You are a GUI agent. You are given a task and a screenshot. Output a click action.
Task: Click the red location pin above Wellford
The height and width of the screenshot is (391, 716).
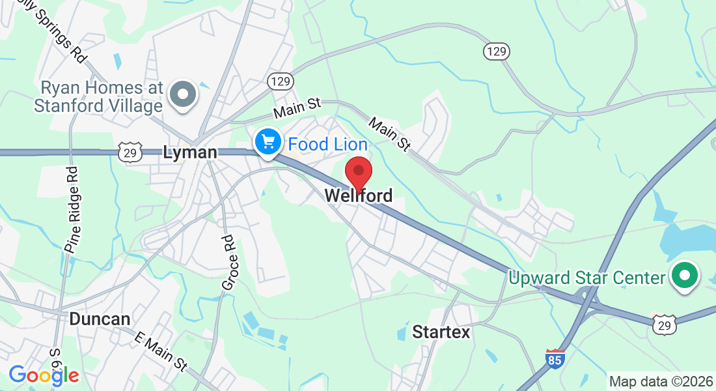[358, 173]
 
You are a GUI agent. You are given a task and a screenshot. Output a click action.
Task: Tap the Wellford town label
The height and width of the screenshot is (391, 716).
[358, 195]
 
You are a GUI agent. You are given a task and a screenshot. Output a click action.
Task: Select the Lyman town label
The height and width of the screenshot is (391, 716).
[189, 152]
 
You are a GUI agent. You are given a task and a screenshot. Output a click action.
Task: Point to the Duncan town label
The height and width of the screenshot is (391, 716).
[100, 319]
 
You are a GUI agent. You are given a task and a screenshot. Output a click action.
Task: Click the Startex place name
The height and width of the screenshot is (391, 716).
[441, 332]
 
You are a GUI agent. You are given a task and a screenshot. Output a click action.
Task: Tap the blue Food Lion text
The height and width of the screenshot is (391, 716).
[328, 144]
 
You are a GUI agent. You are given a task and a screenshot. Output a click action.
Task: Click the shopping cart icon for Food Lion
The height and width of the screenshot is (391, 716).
[268, 141]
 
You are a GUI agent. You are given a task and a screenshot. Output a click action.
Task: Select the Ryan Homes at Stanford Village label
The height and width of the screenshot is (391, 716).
[98, 96]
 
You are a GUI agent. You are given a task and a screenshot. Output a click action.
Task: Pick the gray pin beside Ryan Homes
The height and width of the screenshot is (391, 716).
[183, 94]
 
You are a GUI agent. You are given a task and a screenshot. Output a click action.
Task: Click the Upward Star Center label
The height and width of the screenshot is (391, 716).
[587, 278]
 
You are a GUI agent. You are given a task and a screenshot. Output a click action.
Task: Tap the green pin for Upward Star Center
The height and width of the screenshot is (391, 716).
[684, 276]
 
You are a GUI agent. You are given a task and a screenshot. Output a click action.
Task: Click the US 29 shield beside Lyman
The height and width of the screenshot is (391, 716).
[128, 152]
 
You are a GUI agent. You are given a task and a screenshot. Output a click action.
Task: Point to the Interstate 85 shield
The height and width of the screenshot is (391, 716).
[555, 359]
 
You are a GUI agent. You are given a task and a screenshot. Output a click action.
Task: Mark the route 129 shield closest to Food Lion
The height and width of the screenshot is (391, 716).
[281, 81]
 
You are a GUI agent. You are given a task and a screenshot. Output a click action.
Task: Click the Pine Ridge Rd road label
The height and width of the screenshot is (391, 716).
[72, 209]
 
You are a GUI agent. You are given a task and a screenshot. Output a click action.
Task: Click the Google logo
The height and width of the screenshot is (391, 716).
[44, 375]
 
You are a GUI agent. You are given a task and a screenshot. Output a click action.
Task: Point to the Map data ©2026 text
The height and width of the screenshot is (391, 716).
[660, 381]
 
